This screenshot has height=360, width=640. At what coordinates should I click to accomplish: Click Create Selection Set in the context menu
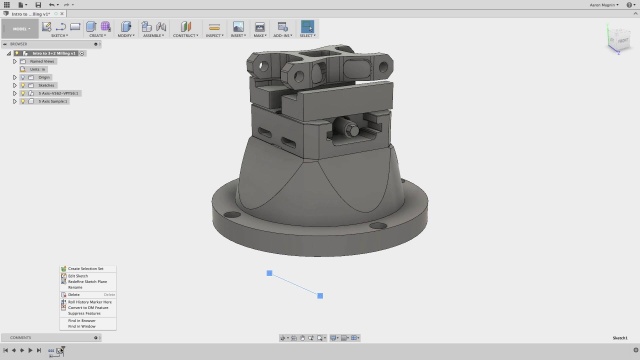pyautogui.click(x=86, y=269)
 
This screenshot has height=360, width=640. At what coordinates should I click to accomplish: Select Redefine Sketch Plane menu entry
pyautogui.click(x=88, y=282)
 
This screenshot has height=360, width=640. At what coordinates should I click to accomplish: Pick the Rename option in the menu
pyautogui.click(x=75, y=288)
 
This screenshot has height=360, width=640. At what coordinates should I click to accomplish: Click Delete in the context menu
pyautogui.click(x=74, y=295)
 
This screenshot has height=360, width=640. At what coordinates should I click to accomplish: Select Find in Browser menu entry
pyautogui.click(x=82, y=321)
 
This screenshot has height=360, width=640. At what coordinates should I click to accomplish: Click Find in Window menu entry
pyautogui.click(x=82, y=327)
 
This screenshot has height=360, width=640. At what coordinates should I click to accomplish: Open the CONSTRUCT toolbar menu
pyautogui.click(x=184, y=35)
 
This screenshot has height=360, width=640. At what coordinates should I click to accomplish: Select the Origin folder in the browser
pyautogui.click(x=45, y=77)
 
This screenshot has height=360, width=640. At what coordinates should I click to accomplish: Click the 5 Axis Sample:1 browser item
pyautogui.click(x=56, y=102)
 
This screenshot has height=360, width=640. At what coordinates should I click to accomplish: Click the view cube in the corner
pyautogui.click(x=611, y=38)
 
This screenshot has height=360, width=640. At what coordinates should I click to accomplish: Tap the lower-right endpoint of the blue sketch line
pyautogui.click(x=320, y=295)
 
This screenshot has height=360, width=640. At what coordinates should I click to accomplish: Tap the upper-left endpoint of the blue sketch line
pyautogui.click(x=269, y=273)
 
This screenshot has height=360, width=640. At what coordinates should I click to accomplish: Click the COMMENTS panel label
pyautogui.click(x=21, y=338)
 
